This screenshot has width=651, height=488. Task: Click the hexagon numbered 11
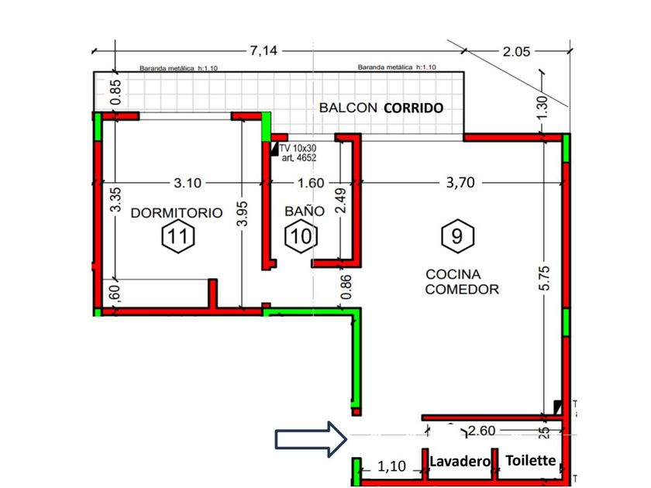177,236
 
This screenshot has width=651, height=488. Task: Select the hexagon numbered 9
457,235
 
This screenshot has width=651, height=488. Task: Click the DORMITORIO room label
177,212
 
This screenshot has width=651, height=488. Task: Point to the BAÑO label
299,210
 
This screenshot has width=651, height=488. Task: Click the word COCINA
453,274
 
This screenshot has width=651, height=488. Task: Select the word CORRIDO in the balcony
414,108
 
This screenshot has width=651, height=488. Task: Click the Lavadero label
461,461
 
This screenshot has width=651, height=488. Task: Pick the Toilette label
531,460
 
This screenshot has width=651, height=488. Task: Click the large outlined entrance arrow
308,440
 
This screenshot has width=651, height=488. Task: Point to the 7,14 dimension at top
264,51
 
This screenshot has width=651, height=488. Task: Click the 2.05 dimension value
516,52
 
